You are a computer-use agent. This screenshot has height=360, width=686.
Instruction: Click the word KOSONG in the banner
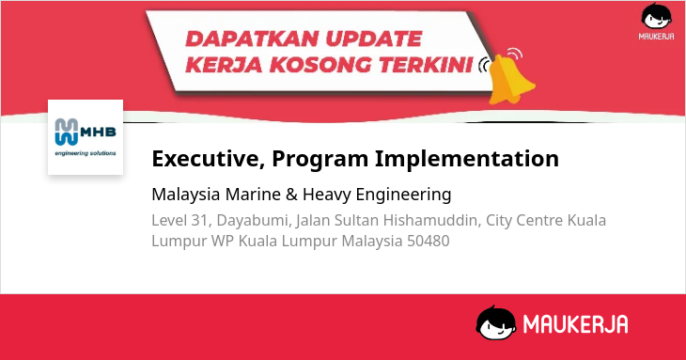coord(320,65)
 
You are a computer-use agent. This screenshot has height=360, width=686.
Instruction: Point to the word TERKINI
coord(426,65)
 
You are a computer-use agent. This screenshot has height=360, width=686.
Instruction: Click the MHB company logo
coord(86,137)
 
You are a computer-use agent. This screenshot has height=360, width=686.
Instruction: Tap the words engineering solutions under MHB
coord(86,153)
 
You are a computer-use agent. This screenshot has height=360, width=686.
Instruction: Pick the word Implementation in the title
coord(467,159)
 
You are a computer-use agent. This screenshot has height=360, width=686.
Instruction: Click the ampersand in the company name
coord(291,195)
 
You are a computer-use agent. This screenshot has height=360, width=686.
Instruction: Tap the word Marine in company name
coord(253,195)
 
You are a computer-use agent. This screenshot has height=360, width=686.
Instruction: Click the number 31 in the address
coord(199,221)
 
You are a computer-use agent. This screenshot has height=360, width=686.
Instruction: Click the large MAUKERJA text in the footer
coord(575,324)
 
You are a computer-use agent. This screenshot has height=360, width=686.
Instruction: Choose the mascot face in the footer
coord(495,322)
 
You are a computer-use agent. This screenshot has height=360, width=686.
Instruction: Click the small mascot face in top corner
coord(656,16)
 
